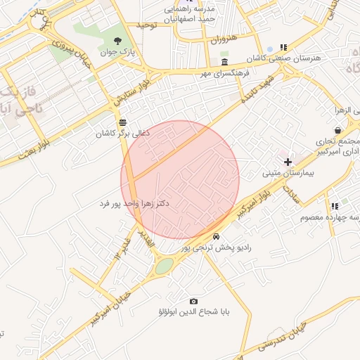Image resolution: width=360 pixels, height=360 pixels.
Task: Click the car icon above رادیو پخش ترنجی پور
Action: click(x=216, y=236)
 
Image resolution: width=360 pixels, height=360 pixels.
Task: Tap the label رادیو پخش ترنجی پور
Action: click(x=214, y=247)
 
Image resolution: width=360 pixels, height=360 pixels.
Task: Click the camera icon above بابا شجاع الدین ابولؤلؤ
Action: click(x=194, y=300)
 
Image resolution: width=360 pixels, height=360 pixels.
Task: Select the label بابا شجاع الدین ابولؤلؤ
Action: click(x=193, y=311)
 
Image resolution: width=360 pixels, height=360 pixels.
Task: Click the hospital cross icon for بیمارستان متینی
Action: click(x=287, y=162)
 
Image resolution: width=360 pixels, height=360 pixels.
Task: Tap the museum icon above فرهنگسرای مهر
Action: click(x=224, y=62)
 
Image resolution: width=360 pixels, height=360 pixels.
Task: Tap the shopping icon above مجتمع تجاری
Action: click(x=337, y=129)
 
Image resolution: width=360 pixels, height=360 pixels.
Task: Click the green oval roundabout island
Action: click(x=164, y=266)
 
